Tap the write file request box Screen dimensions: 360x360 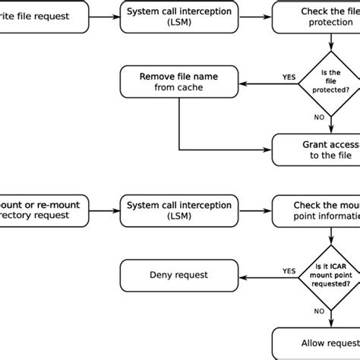(x=38, y=16)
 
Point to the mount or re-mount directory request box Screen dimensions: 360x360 (x=38, y=210)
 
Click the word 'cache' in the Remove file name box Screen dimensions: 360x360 (x=194, y=87)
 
